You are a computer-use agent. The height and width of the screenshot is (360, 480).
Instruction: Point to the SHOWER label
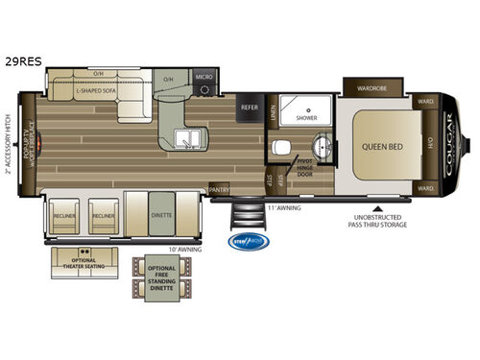pyautogui.click(x=306, y=119)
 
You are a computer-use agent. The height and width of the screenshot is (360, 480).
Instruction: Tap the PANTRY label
pyautogui.click(x=219, y=189)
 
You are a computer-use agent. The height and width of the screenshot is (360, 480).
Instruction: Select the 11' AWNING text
pyautogui.click(x=284, y=206)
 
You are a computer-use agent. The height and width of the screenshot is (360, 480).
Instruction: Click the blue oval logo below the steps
pyautogui.click(x=247, y=242)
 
